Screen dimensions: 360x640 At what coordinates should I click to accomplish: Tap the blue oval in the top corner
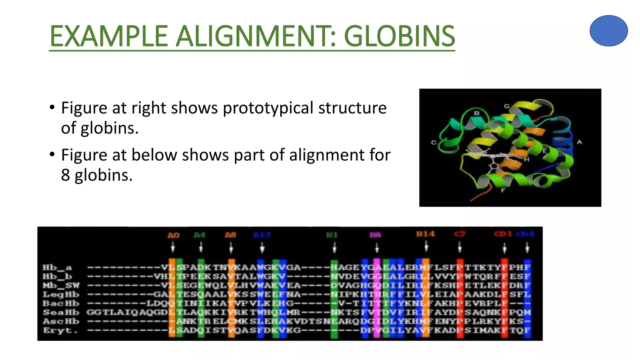(x=608, y=31)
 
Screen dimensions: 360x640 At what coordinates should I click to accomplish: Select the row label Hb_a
(x=57, y=267)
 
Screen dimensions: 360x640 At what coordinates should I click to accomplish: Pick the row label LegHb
(x=61, y=294)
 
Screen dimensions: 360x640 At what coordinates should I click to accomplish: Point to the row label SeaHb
(x=61, y=312)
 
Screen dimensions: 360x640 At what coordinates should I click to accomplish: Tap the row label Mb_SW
(x=61, y=285)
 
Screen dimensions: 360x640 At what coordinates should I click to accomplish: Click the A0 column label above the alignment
(x=173, y=235)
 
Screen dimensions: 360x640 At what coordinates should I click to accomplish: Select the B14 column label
(x=425, y=234)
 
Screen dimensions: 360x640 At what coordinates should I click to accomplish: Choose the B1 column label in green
(x=332, y=235)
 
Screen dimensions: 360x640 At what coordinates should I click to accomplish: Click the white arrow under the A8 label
(x=231, y=249)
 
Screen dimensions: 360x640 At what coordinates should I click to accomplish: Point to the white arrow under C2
(x=459, y=248)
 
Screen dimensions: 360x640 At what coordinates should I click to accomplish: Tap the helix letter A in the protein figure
(x=579, y=142)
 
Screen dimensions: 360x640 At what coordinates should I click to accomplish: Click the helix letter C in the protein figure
(x=433, y=142)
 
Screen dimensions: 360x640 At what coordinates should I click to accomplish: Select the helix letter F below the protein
(x=503, y=190)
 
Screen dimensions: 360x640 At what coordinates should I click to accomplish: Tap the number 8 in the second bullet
(x=65, y=175)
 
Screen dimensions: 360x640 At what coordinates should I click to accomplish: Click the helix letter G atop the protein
(x=507, y=106)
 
